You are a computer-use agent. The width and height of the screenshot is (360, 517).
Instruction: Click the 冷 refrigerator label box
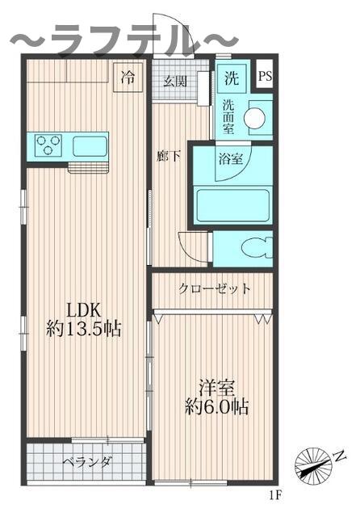[x=128, y=78]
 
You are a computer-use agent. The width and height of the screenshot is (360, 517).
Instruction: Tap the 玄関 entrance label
[x=175, y=81]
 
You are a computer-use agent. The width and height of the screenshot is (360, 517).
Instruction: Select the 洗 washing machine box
[x=231, y=79]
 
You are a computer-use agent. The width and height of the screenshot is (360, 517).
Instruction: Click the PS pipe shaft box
[x=265, y=78]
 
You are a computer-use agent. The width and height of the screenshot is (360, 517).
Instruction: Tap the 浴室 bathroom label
[x=229, y=158]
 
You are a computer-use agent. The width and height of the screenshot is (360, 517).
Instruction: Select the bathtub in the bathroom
[x=233, y=205]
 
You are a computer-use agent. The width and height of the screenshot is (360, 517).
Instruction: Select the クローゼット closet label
[x=214, y=288]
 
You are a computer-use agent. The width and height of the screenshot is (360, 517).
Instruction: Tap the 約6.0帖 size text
[x=215, y=406]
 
